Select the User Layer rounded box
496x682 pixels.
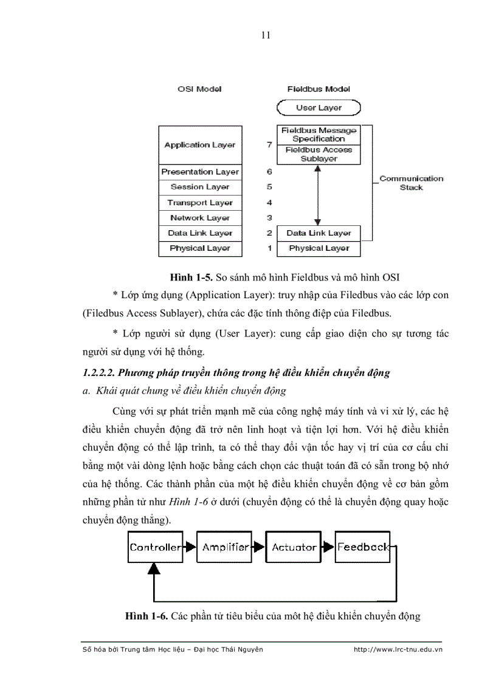click(x=319, y=108)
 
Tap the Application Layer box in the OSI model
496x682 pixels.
click(x=200, y=145)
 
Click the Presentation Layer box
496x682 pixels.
click(x=200, y=172)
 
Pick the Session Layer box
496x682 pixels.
click(x=200, y=187)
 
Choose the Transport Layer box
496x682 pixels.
click(x=200, y=203)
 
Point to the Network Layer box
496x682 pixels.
click(x=200, y=218)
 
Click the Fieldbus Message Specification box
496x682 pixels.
click(x=319, y=135)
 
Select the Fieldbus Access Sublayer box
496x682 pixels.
click(x=319, y=154)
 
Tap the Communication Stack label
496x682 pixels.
click(x=411, y=183)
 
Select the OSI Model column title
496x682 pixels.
click(x=199, y=89)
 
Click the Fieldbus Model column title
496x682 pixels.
click(x=319, y=89)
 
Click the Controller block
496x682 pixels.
click(x=155, y=547)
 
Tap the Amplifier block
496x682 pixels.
click(x=225, y=547)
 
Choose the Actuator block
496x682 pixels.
click(x=294, y=547)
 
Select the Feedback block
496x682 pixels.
click(x=362, y=547)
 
